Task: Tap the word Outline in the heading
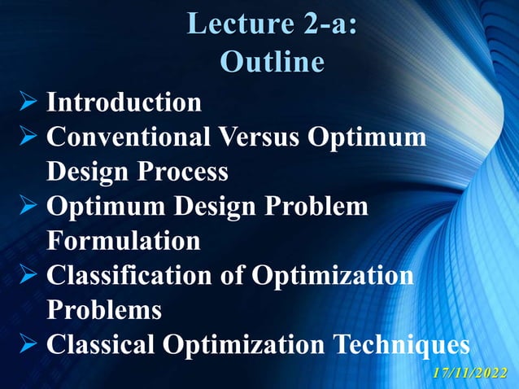coord(272,62)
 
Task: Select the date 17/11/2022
coord(471,373)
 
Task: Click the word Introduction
coord(124,103)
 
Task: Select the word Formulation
coord(123,242)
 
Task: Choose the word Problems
coord(104,311)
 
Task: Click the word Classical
coord(102,345)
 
